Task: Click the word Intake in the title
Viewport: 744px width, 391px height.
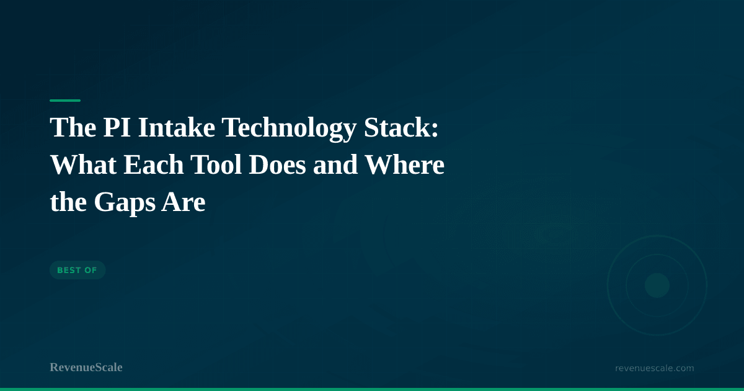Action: [177, 128]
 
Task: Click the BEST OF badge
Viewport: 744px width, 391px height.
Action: [77, 270]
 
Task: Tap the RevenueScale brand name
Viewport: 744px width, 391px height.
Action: [86, 367]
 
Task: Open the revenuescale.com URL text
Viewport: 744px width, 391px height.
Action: [654, 368]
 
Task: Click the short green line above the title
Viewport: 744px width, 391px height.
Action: [65, 100]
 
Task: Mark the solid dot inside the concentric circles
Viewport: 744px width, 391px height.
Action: [657, 285]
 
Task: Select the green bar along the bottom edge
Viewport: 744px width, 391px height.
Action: [372, 389]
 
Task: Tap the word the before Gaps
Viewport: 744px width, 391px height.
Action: [66, 203]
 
